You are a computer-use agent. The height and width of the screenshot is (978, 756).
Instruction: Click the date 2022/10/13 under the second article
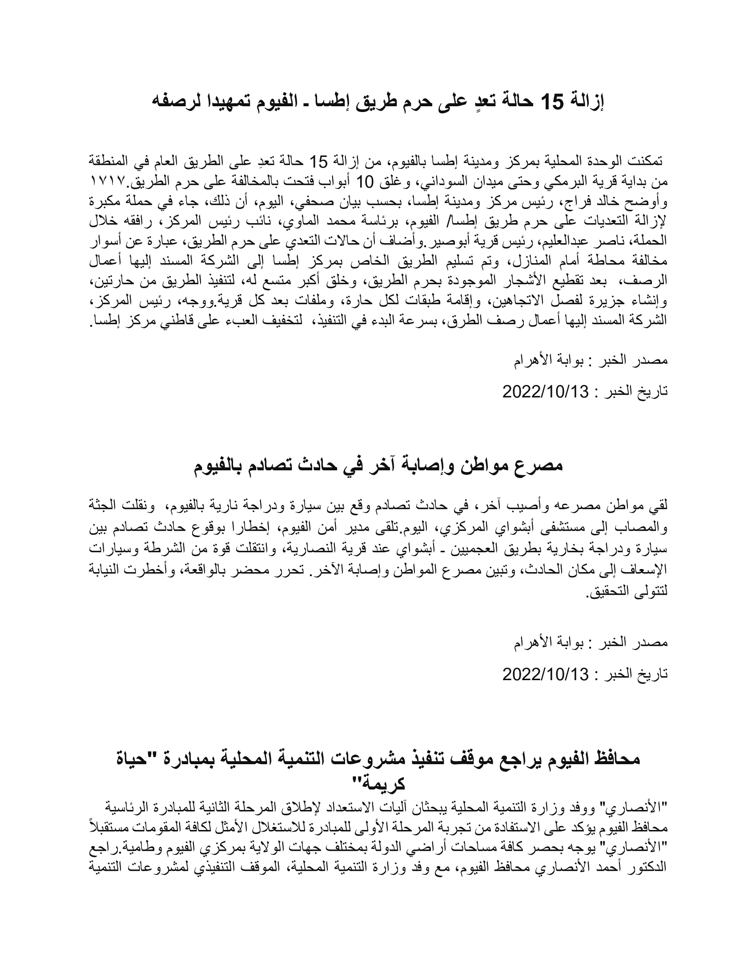click(545, 674)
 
